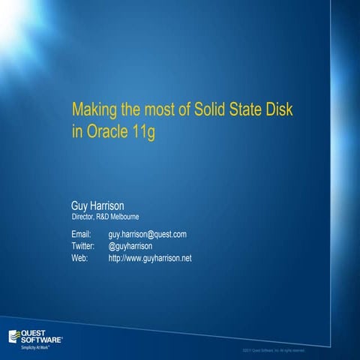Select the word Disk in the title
point(278,110)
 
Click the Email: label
point(81,234)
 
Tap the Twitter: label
point(82,246)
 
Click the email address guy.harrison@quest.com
point(147,234)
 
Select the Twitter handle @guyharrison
point(130,246)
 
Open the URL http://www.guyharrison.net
point(150,258)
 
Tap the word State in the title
point(244,110)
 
